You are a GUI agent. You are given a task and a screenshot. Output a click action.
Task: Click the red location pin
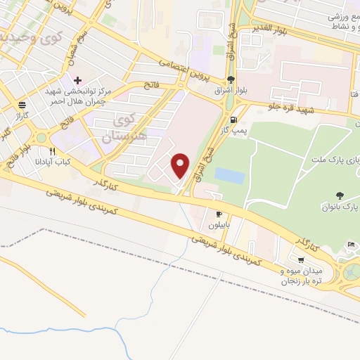(181, 165)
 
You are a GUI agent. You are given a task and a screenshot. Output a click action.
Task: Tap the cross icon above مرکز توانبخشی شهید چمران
(77, 80)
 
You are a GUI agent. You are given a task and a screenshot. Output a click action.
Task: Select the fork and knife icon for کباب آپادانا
(52, 151)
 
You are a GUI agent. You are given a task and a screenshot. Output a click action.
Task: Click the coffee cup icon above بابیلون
(219, 214)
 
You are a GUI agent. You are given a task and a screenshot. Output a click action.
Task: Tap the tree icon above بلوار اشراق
(231, 79)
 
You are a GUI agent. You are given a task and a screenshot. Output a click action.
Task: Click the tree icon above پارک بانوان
(340, 195)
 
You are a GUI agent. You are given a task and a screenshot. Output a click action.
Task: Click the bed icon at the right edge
(351, 245)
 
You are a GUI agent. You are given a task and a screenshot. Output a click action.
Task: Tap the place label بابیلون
(220, 226)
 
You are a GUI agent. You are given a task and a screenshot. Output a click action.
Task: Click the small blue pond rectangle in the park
(230, 175)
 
